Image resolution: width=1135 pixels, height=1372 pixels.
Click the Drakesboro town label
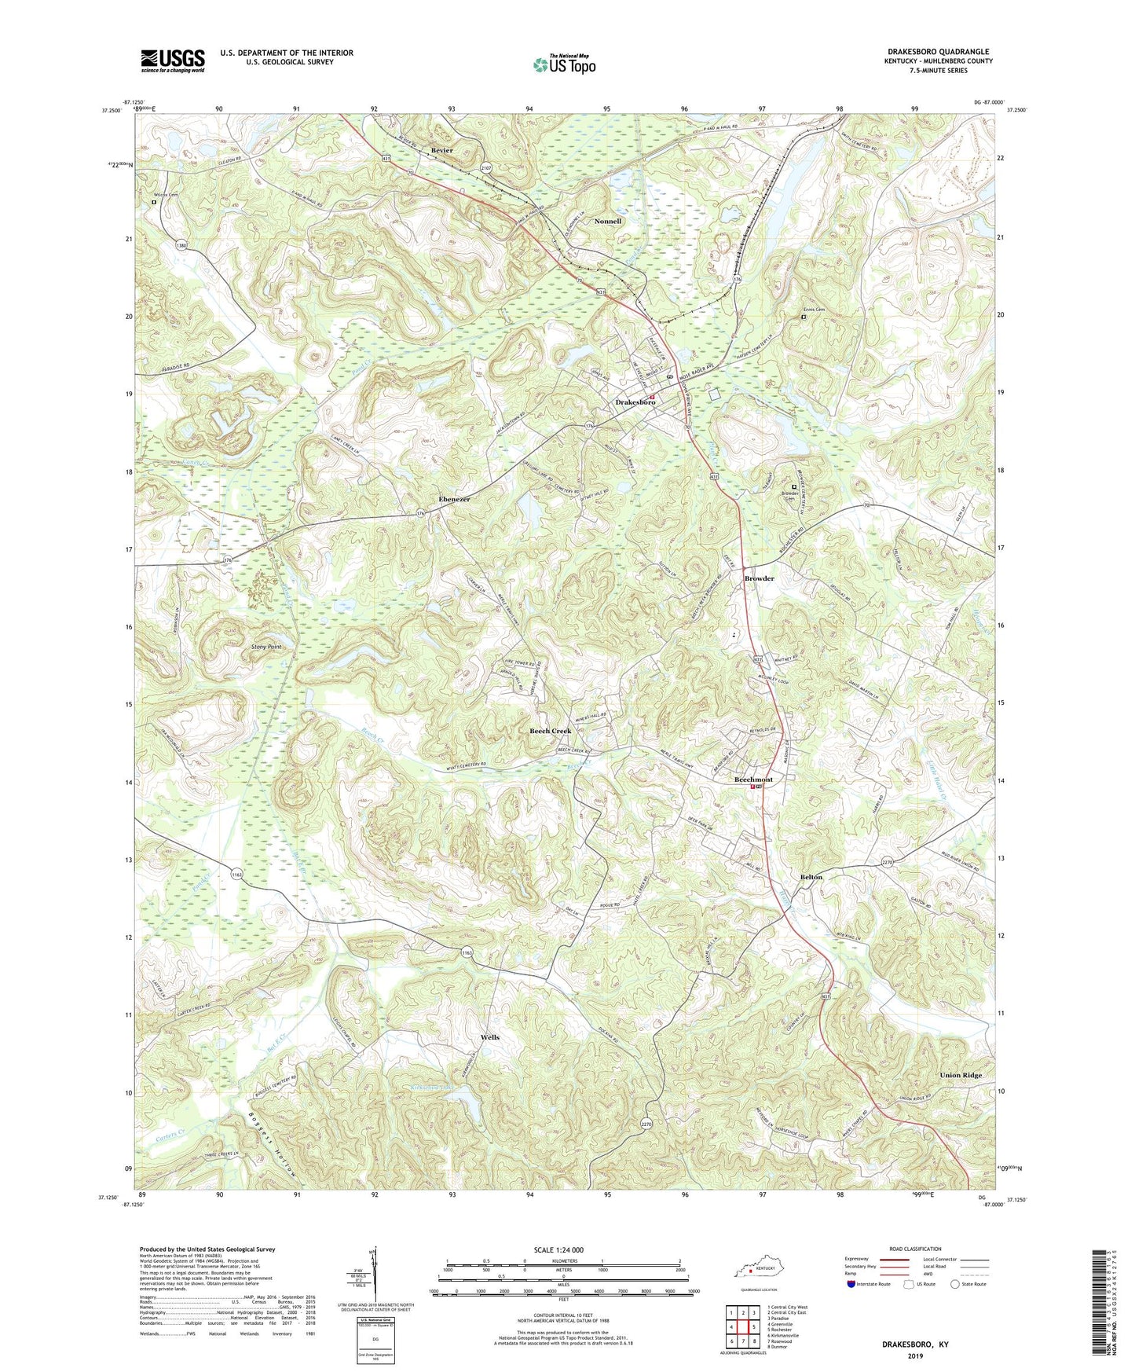[634, 402]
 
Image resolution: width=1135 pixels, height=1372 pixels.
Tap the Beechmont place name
[752, 780]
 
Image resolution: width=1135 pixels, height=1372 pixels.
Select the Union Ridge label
[960, 1075]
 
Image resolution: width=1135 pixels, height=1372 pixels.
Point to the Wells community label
[489, 1037]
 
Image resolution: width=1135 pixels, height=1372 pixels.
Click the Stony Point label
[266, 647]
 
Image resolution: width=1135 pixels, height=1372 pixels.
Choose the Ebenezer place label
[454, 500]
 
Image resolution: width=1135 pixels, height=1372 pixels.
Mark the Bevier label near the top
[441, 150]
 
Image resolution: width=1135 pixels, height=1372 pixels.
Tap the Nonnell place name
[607, 222]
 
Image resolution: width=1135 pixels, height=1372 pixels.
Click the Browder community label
[759, 578]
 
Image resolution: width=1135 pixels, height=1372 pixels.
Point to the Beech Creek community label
[550, 731]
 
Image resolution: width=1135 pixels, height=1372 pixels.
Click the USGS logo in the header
[172, 61]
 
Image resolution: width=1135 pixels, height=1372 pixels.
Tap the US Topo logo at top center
[563, 64]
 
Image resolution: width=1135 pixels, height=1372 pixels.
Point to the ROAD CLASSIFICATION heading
[915, 1249]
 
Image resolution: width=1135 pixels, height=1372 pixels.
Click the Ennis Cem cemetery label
[813, 310]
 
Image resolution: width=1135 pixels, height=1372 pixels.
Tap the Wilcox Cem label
[165, 195]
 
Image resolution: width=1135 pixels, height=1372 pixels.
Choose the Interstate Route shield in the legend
[851, 1284]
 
